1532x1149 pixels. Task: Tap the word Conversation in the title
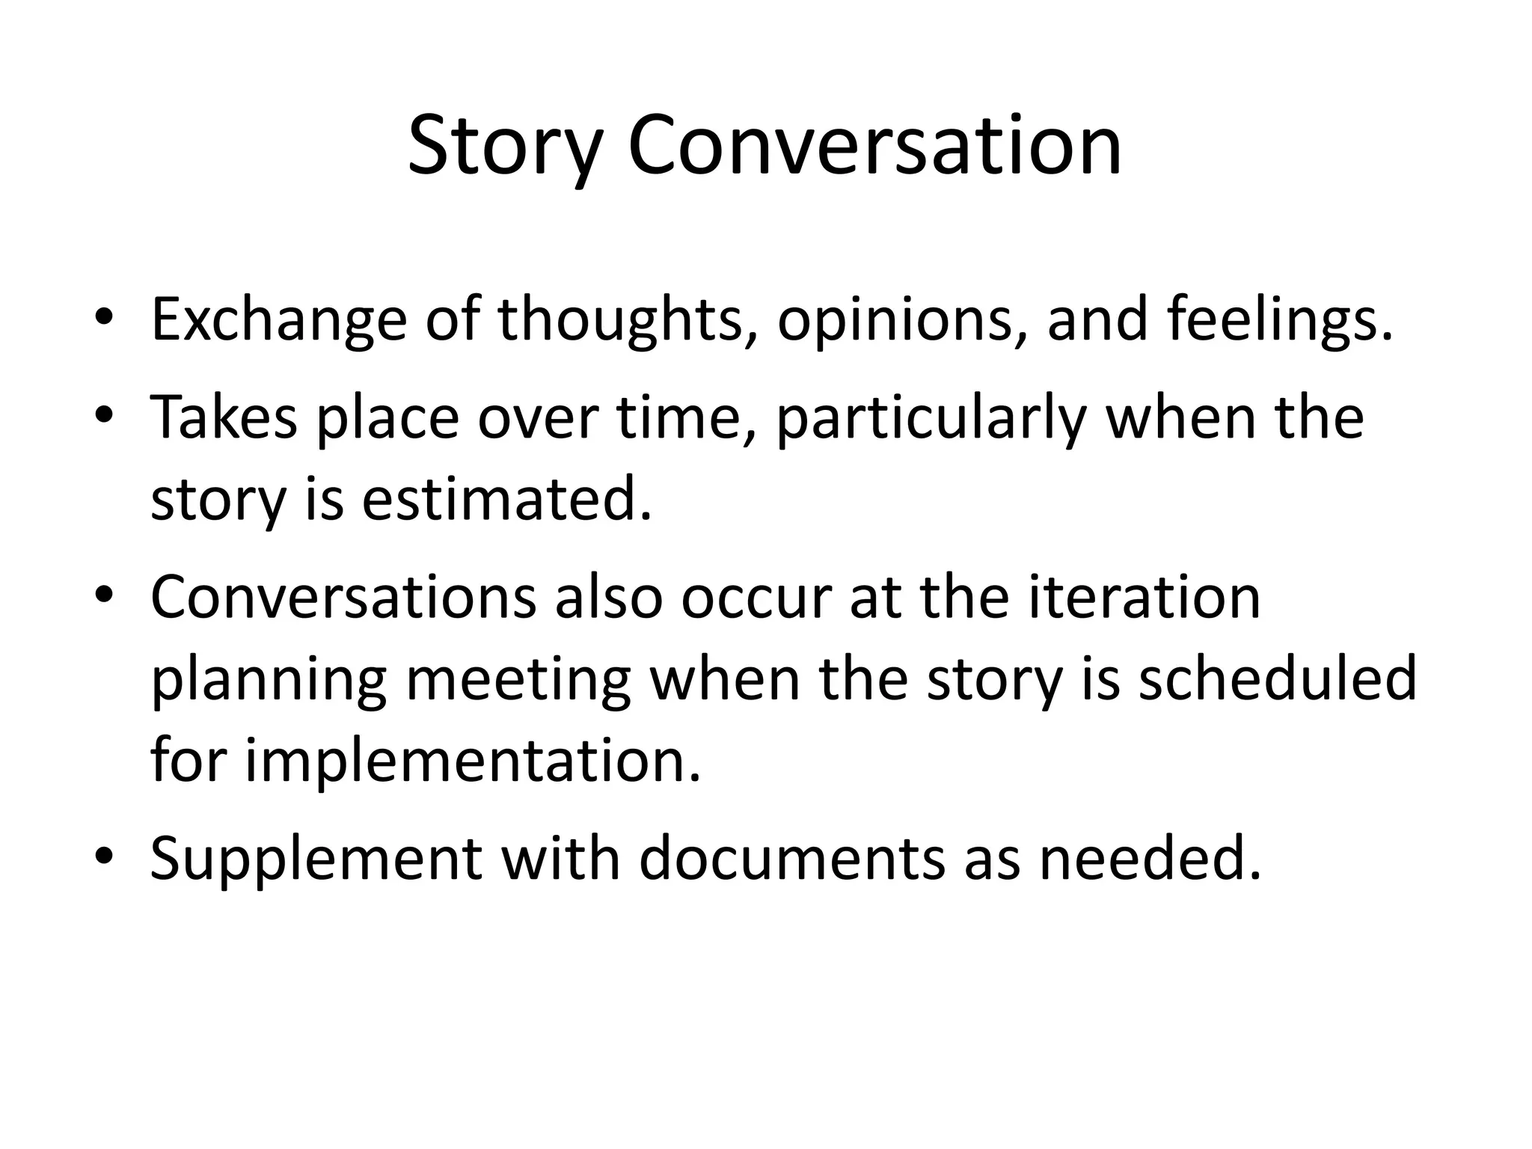pos(874,146)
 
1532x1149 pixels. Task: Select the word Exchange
pos(278,320)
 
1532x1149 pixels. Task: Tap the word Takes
pos(224,417)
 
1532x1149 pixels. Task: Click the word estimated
pos(506,500)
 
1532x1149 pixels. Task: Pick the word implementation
pos(473,762)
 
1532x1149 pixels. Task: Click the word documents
pos(792,859)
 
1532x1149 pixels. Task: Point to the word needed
pos(1150,859)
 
